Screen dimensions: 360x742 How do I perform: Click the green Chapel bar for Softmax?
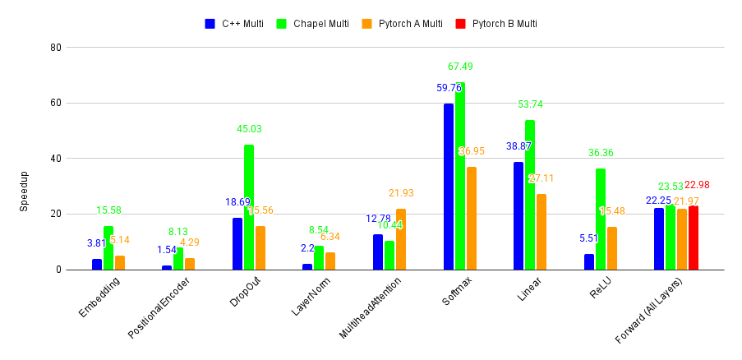460,176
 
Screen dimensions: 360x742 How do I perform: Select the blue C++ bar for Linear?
518,215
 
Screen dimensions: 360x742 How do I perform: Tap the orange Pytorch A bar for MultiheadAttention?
401,239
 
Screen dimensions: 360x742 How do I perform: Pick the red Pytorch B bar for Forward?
694,238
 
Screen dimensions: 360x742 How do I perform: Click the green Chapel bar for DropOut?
249,207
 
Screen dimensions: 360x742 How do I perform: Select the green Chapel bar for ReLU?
601,219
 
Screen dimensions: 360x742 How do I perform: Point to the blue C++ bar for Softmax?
449,187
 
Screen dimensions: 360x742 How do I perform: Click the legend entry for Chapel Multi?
320,24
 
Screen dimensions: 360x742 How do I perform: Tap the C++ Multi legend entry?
235,24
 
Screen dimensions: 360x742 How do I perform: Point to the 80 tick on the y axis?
57,48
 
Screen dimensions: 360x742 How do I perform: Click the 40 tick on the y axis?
57,159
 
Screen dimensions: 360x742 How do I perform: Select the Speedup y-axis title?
24,191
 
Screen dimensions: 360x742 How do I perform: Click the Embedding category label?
100,297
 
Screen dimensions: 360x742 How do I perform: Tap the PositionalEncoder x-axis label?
161,307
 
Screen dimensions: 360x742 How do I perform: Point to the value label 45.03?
249,129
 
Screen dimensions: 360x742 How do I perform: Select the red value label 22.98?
696,185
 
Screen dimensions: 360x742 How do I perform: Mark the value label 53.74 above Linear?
530,104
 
